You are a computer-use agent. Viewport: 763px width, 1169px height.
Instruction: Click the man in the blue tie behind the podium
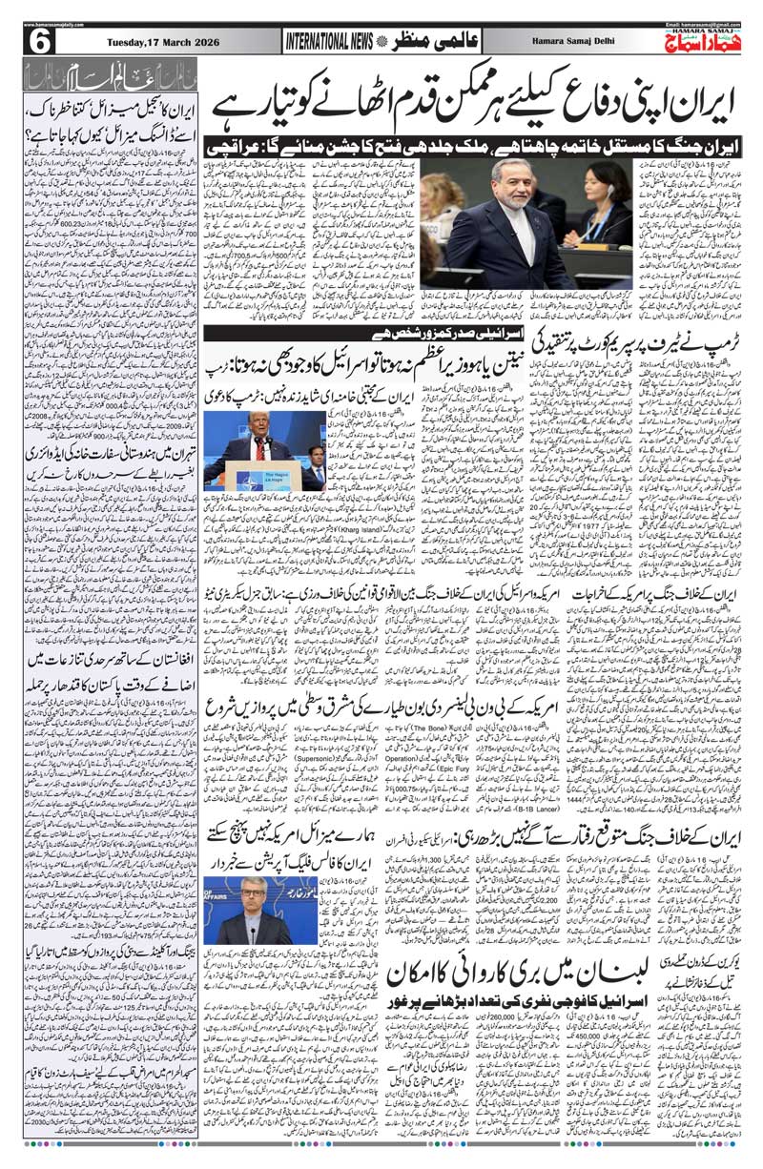pyautogui.click(x=315, y=467)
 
